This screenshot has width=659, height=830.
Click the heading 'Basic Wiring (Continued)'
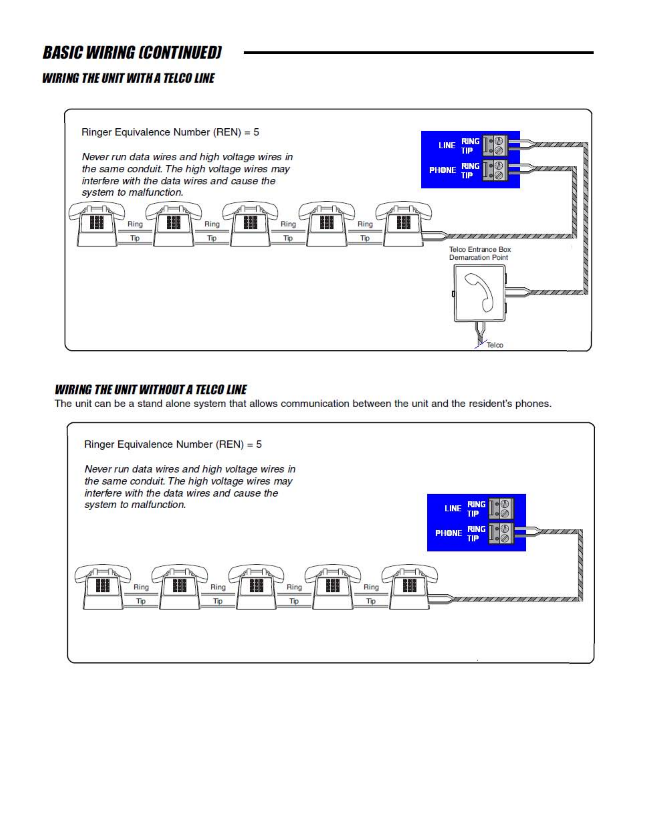click(132, 53)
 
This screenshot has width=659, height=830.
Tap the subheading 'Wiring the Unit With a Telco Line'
click(128, 78)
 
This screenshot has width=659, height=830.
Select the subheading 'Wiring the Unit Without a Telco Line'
click(150, 390)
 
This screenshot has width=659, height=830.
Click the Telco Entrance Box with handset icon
click(479, 293)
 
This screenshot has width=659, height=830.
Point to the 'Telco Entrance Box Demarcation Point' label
click(479, 253)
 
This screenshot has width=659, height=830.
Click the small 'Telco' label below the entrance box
click(495, 345)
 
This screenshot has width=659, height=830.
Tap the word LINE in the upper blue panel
click(446, 146)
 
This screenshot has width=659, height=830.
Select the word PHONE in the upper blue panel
click(442, 170)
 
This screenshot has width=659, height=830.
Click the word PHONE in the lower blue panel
click(448, 533)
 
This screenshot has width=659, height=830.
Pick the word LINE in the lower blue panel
click(453, 509)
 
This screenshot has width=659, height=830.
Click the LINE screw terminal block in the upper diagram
click(495, 146)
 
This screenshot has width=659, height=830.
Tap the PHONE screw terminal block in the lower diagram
click(501, 533)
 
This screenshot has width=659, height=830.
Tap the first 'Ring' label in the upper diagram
click(135, 224)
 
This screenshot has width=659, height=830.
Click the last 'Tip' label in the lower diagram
click(371, 601)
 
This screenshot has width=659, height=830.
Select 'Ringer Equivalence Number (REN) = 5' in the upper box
click(170, 132)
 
